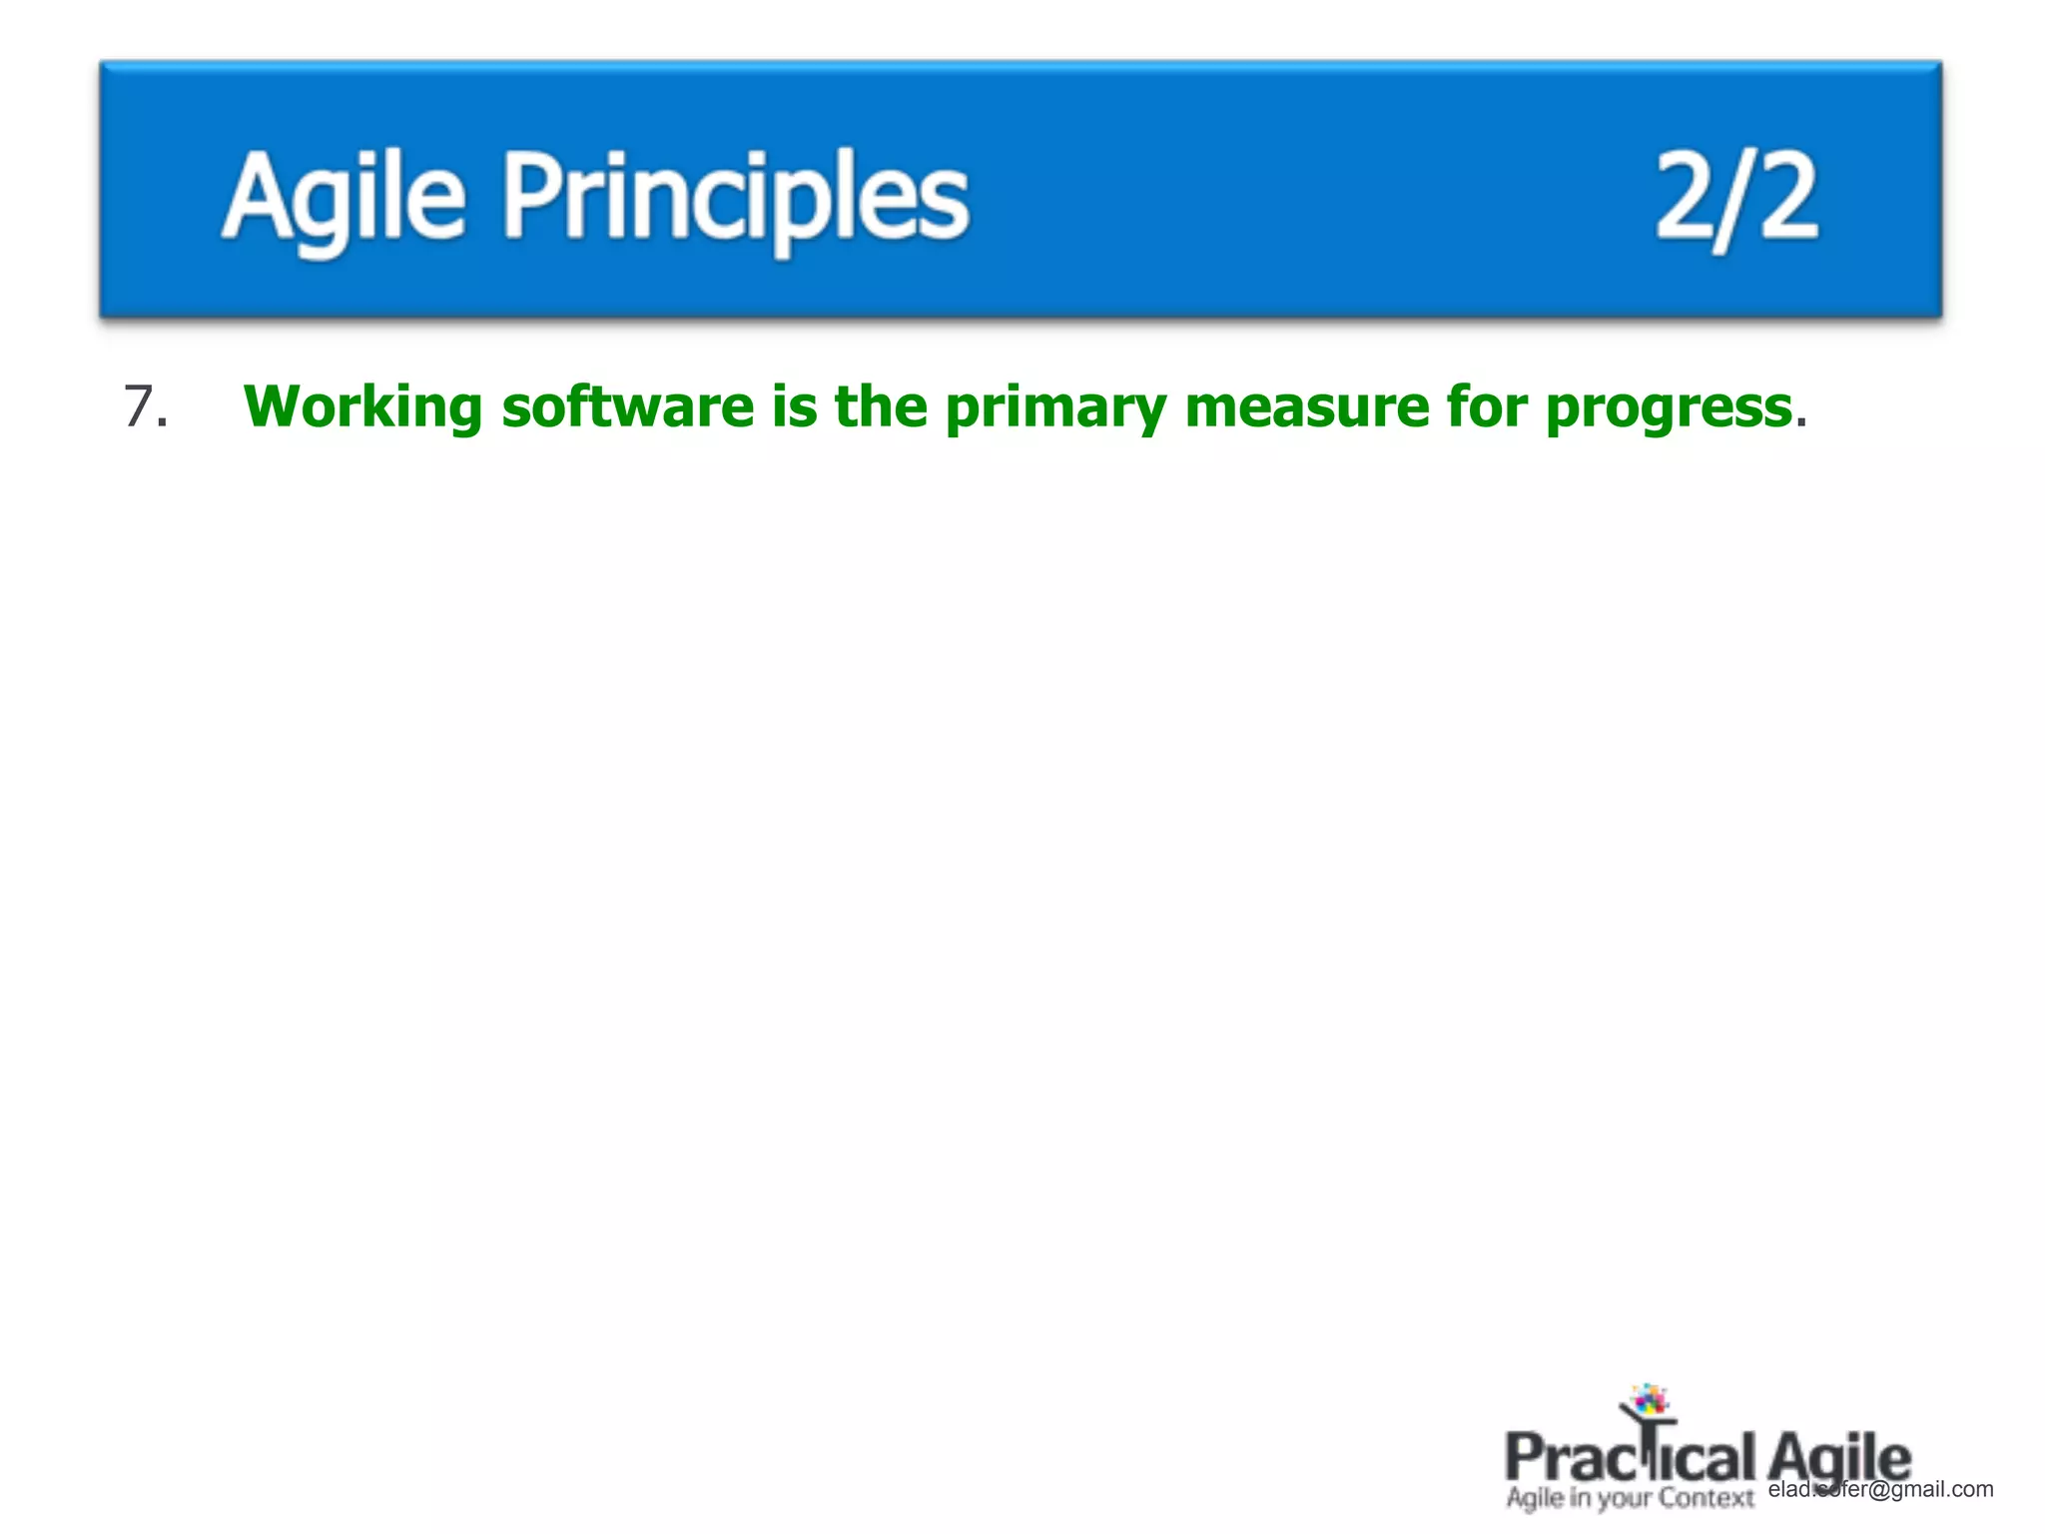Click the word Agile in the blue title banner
[x=342, y=196]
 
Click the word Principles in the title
[x=735, y=196]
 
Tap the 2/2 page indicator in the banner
[x=1735, y=196]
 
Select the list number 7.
[x=144, y=407]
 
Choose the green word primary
[x=1055, y=407]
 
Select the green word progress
[x=1668, y=407]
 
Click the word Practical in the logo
[x=1629, y=1457]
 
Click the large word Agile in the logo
[x=1838, y=1457]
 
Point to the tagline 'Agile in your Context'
[x=1629, y=1498]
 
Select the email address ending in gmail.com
[x=1881, y=1489]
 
